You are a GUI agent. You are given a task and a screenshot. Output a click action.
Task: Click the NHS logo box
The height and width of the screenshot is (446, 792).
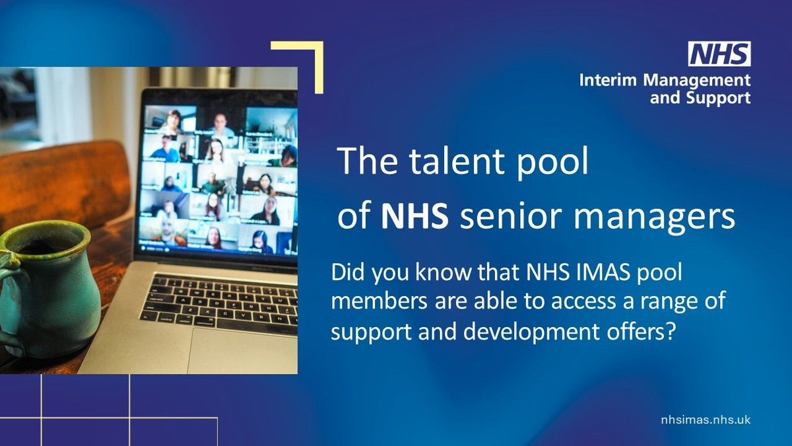click(719, 53)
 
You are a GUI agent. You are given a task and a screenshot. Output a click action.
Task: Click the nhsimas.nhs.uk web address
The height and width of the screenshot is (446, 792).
click(706, 420)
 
